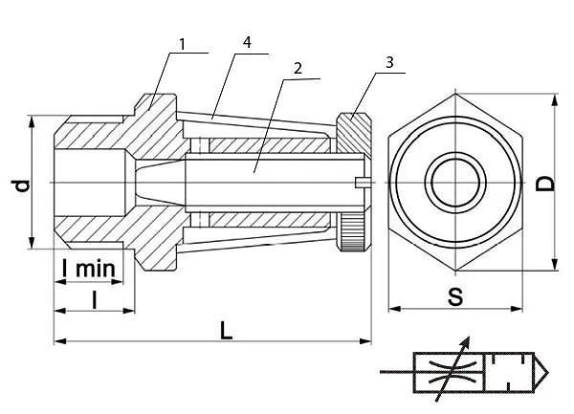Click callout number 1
coord(183,44)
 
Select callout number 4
coord(248,42)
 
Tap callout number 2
coord(298,69)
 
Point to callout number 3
coord(389,62)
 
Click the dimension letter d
coord(22,185)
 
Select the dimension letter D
coord(545,184)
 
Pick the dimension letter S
coord(455,296)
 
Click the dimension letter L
coord(226,330)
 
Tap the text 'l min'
coord(89,268)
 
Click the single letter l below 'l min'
coord(95,300)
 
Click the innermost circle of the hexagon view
coord(455,183)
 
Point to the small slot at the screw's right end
coord(364,183)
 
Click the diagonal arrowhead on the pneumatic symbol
coord(465,343)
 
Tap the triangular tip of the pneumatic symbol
coord(541,373)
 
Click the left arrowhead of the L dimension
coord(60,341)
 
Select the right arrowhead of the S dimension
coord(517,309)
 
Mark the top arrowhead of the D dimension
coord(555,100)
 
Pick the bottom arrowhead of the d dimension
coord(32,243)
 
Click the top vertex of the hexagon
coord(455,94)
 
